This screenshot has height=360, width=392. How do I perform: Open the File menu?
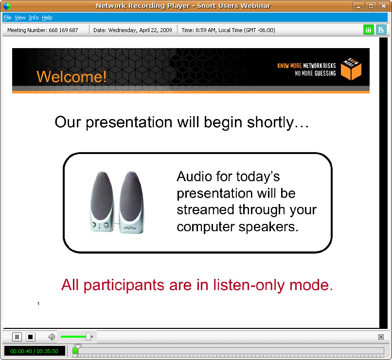(7, 17)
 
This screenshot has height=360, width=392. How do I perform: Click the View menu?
(20, 17)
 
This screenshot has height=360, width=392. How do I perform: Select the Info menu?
(34, 17)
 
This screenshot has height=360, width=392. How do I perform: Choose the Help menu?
(47, 17)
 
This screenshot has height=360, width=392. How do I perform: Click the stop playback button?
(31, 337)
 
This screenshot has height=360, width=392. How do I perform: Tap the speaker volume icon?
(52, 337)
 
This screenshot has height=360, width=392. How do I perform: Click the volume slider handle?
(88, 336)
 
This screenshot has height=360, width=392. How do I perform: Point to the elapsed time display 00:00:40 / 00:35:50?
(34, 351)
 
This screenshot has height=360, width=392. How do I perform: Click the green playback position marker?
(75, 350)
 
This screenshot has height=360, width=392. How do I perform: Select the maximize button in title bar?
(371, 6)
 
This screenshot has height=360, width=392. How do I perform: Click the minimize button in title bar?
(358, 6)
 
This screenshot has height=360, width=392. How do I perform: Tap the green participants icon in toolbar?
(368, 30)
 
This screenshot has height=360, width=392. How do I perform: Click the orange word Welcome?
(71, 77)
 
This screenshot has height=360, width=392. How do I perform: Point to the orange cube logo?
(351, 70)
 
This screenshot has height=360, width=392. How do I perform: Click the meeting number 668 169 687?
(63, 30)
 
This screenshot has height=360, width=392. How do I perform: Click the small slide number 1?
(38, 304)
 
